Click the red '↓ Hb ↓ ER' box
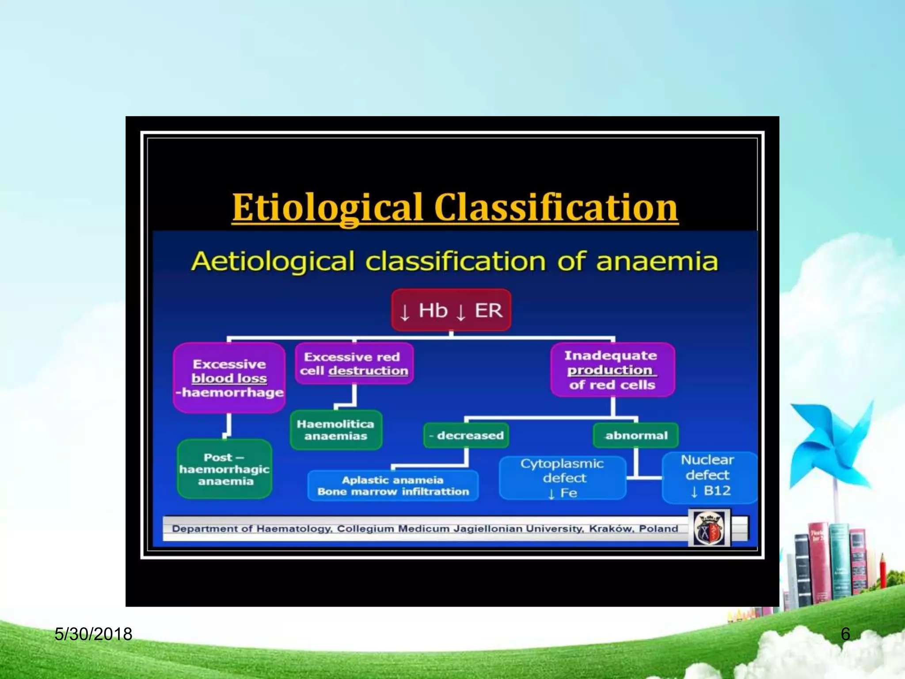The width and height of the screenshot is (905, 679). pyautogui.click(x=451, y=310)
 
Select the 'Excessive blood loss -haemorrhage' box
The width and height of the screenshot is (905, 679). pyautogui.click(x=229, y=378)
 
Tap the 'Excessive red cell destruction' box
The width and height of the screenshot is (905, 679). pyautogui.click(x=354, y=363)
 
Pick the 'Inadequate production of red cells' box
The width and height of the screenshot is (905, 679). pyautogui.click(x=612, y=370)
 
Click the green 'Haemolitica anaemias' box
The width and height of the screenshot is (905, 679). pyautogui.click(x=336, y=430)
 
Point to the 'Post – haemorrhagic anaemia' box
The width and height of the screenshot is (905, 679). pyautogui.click(x=224, y=469)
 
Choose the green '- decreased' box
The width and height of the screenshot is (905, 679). pyautogui.click(x=466, y=435)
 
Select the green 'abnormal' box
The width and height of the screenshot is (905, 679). pyautogui.click(x=635, y=435)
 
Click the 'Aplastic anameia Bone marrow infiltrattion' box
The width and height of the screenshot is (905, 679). pyautogui.click(x=393, y=485)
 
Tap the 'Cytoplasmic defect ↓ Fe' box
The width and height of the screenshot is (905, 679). pyautogui.click(x=562, y=478)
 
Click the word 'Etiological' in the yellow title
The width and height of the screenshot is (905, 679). pyautogui.click(x=327, y=208)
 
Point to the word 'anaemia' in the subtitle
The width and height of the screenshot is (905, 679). pyautogui.click(x=657, y=261)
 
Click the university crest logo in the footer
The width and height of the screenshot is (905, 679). pyautogui.click(x=709, y=528)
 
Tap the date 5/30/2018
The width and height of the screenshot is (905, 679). pyautogui.click(x=93, y=634)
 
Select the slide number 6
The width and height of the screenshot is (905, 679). pyautogui.click(x=845, y=634)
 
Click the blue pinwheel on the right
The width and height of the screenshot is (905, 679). pyautogui.click(x=831, y=446)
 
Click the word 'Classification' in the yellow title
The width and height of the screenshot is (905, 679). pyautogui.click(x=556, y=208)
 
